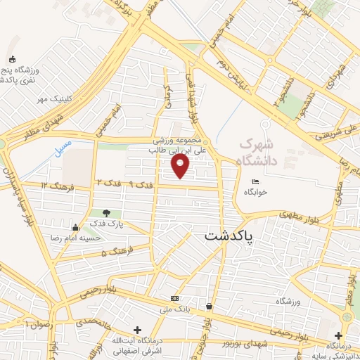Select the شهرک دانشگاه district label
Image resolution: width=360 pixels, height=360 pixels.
click(x=259, y=151)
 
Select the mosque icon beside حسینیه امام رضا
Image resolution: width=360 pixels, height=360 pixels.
click(x=76, y=226)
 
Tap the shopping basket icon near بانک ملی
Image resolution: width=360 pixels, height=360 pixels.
click(x=210, y=306)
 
